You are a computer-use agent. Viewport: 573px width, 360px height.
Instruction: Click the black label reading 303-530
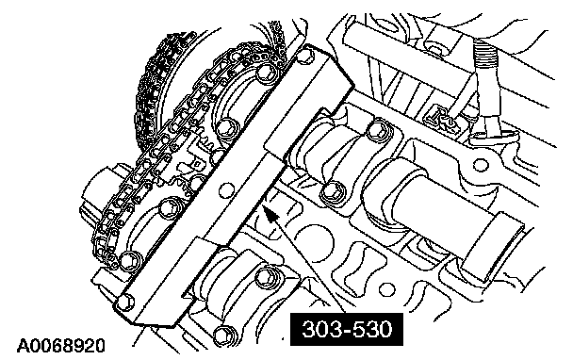(x=347, y=329)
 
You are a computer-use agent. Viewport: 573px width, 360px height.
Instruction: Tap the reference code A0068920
(x=61, y=346)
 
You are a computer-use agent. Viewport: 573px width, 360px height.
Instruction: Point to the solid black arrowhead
(x=270, y=215)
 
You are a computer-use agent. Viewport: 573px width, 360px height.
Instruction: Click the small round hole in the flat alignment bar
(x=225, y=190)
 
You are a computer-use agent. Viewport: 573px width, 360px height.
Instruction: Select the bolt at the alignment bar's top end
(x=305, y=56)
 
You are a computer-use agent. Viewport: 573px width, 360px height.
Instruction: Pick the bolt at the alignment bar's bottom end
(x=125, y=302)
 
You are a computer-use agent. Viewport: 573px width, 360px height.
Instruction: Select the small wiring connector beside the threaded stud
(x=439, y=120)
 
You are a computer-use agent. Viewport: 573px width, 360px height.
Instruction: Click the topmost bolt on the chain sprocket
(x=265, y=74)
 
